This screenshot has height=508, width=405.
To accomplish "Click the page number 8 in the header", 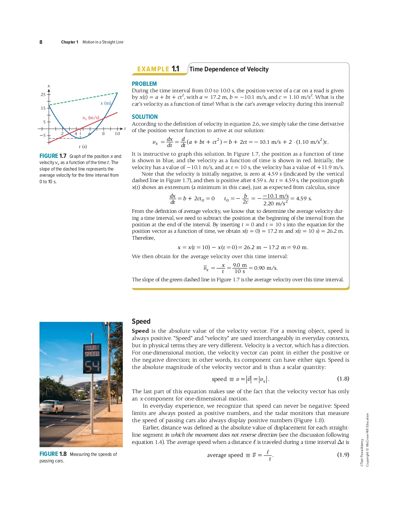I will click(41, 42).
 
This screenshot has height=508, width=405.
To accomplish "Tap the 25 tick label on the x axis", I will click(43, 95).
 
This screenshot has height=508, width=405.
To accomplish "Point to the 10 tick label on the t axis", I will click(117, 134).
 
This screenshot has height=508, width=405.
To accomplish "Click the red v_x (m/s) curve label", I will click(91, 118).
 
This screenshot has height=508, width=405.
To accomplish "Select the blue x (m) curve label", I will click(106, 103).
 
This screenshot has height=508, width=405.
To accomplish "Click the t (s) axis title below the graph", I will click(83, 147).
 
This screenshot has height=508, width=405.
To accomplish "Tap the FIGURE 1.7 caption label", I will click(53, 156).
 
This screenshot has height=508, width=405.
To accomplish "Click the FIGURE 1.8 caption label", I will click(53, 454).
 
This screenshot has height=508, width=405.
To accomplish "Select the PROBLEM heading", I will click(144, 84).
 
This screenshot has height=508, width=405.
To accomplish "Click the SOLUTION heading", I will click(145, 117).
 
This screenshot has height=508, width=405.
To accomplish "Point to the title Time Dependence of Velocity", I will click(229, 69).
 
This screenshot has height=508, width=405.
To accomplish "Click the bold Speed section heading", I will click(141, 321).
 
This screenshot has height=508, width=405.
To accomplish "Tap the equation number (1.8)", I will click(343, 378).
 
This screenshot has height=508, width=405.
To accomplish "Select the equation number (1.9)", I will click(343, 454).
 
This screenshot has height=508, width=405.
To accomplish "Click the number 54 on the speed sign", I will click(92, 367).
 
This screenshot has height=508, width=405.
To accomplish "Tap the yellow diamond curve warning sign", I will click(113, 392).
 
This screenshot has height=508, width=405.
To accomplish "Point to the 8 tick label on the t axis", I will click(103, 134).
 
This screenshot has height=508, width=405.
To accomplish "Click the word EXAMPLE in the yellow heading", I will click(153, 69).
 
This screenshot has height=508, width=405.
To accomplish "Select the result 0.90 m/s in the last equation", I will click(266, 268).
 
